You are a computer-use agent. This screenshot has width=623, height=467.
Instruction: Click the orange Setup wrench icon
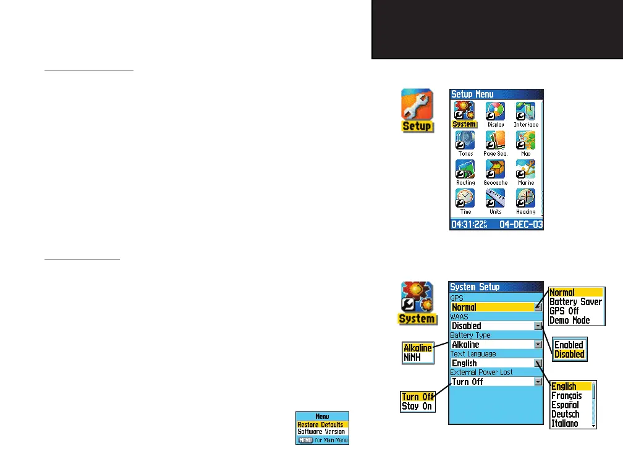tap(417, 109)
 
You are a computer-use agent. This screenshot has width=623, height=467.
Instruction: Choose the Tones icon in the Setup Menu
tap(465, 140)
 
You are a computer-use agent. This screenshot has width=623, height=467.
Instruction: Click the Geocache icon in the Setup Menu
tap(496, 170)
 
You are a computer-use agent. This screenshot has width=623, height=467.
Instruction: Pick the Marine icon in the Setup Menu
tap(525, 170)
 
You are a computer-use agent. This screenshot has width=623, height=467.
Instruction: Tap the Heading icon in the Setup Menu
tap(525, 199)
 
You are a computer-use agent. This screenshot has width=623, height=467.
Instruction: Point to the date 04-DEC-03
tap(520, 224)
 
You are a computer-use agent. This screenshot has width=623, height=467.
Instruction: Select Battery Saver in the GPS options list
tap(575, 302)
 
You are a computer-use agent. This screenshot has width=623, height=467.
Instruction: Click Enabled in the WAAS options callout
tap(569, 345)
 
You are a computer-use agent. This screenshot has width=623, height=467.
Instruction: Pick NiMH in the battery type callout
tap(413, 357)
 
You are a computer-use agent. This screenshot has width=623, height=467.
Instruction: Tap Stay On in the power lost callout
tap(417, 406)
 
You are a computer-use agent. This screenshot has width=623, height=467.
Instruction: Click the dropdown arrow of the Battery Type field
tap(538, 344)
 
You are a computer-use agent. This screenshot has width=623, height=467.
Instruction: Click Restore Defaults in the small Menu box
tap(320, 425)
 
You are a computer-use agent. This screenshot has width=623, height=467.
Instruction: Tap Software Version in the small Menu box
tap(321, 432)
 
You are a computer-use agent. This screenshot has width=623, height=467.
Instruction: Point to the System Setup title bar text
tap(475, 287)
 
